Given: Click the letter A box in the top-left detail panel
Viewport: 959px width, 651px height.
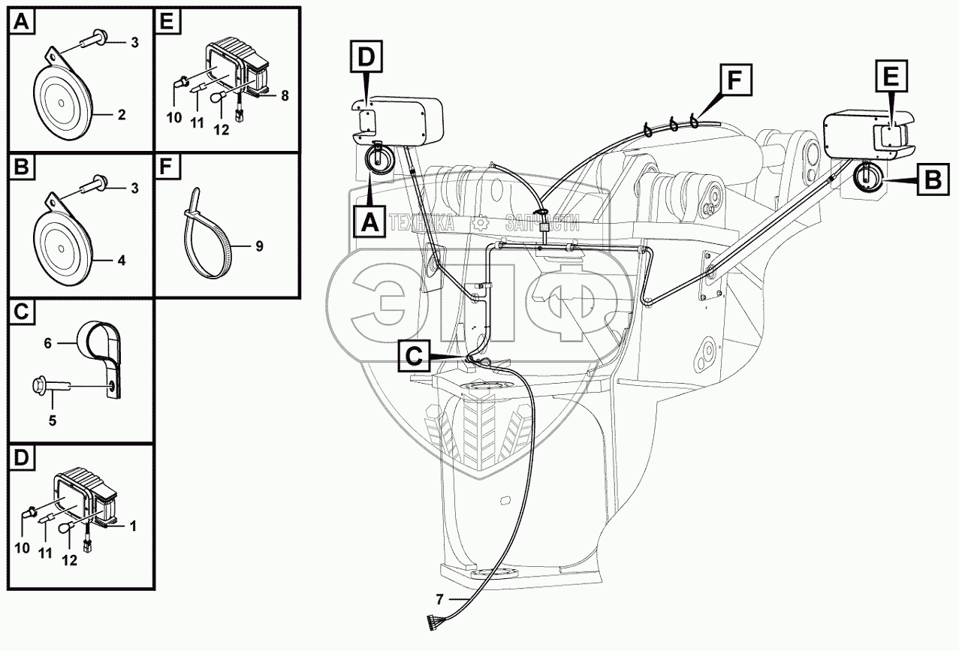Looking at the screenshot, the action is pyautogui.click(x=22, y=22).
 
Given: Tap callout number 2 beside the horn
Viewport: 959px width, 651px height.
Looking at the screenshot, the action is pyautogui.click(x=122, y=115).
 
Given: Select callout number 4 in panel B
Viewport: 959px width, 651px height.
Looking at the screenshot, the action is pyautogui.click(x=122, y=261).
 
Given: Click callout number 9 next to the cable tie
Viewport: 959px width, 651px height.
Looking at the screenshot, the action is pyautogui.click(x=259, y=246).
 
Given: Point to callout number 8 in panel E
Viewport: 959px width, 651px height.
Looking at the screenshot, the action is pyautogui.click(x=285, y=95).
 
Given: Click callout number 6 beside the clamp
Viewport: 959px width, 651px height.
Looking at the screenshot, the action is pyautogui.click(x=47, y=343).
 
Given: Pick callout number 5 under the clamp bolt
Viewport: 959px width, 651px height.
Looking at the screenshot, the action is pyautogui.click(x=53, y=420).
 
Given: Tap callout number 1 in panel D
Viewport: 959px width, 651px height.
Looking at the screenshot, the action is pyautogui.click(x=133, y=526).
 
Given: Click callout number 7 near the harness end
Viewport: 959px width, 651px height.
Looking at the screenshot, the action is pyautogui.click(x=439, y=600).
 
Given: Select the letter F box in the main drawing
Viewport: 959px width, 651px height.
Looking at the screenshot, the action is pyautogui.click(x=734, y=80).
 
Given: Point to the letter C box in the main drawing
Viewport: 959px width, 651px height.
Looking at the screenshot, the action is pyautogui.click(x=414, y=356).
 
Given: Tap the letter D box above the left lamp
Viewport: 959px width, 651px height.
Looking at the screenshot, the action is pyautogui.click(x=366, y=56).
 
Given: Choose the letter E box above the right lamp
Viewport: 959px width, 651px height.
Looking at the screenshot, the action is pyautogui.click(x=891, y=76).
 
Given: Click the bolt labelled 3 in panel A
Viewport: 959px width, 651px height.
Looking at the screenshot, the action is pyautogui.click(x=93, y=38).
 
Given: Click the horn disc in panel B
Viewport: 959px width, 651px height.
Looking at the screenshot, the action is pyautogui.click(x=63, y=247).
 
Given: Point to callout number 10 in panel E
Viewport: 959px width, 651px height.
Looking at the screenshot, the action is pyautogui.click(x=174, y=117).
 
